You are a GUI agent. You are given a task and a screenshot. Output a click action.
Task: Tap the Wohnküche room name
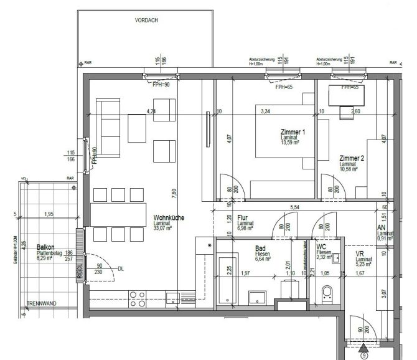168,219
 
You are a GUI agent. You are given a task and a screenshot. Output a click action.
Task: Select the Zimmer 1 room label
292,133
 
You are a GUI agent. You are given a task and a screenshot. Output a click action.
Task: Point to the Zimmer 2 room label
352,158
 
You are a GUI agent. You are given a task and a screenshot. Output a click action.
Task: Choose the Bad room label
261,247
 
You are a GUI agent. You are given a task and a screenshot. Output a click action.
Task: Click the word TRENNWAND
41,303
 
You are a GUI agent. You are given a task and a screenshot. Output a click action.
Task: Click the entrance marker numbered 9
364,356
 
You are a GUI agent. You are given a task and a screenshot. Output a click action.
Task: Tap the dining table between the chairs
121,214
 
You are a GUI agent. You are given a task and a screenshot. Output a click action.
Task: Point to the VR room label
360,255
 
